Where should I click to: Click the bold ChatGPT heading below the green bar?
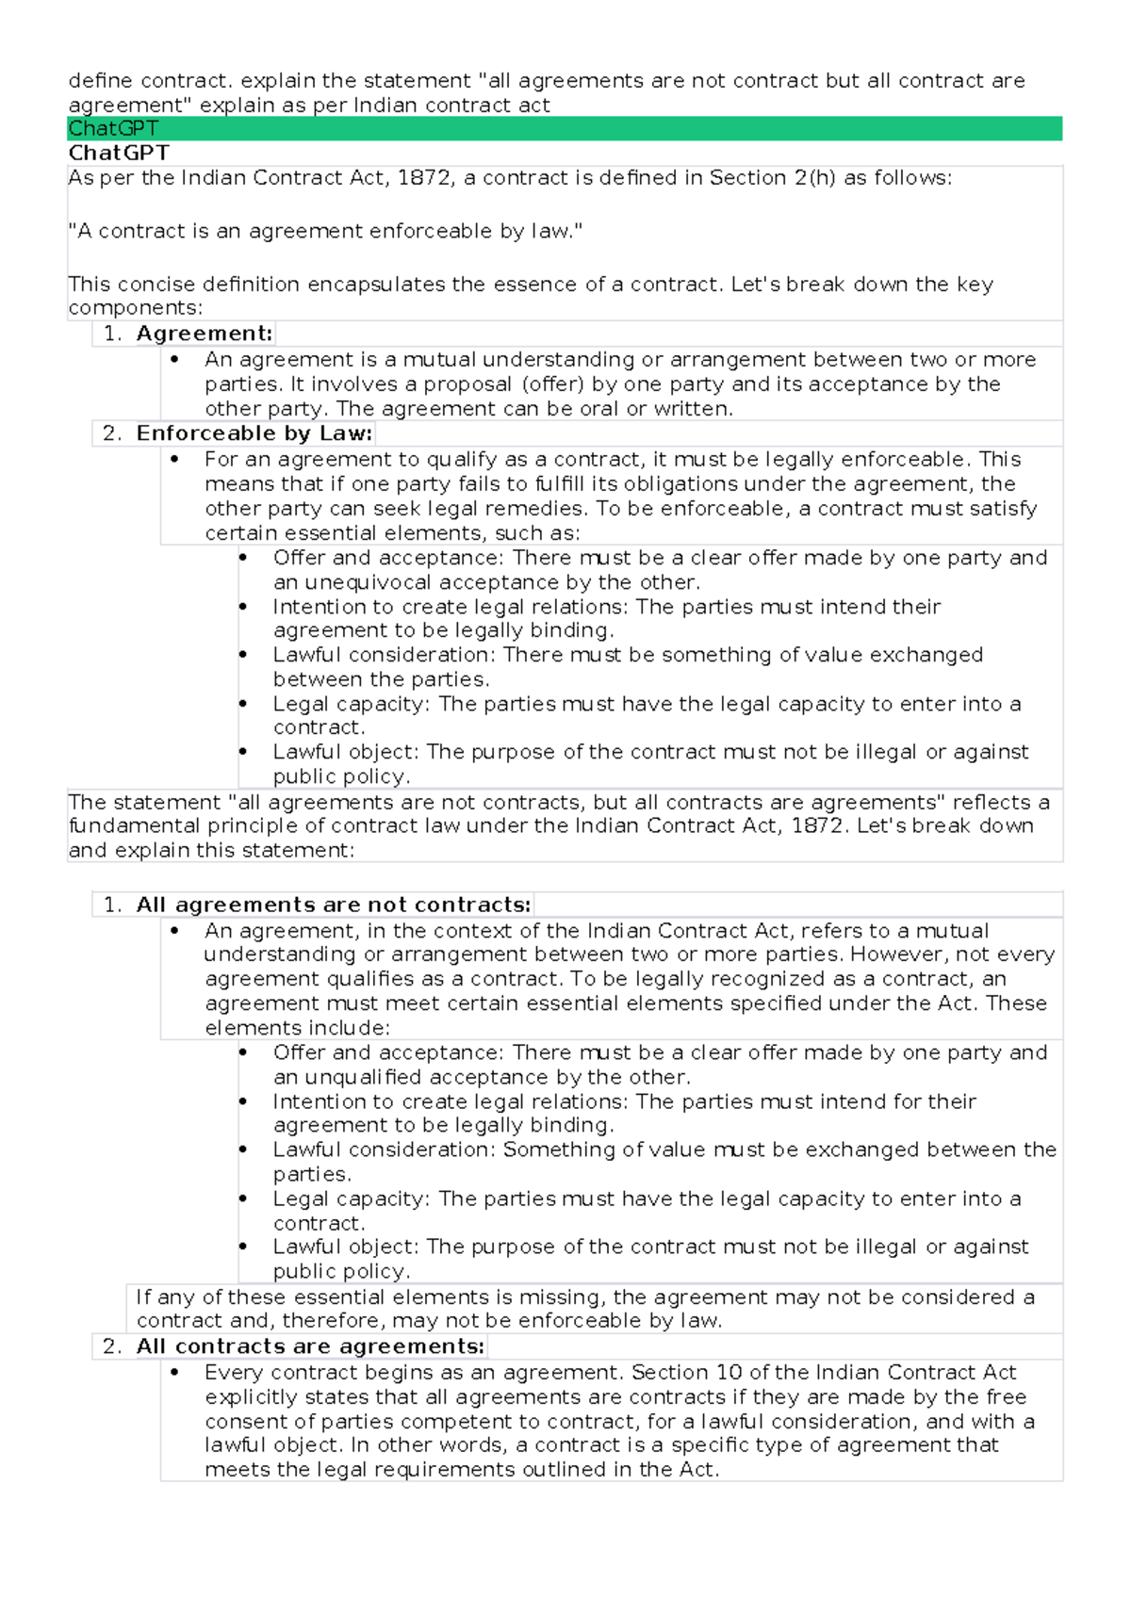pos(119,153)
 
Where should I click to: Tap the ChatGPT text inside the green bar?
pos(113,128)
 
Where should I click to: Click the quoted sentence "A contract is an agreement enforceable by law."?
pos(325,231)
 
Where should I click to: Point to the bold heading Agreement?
pos(205,334)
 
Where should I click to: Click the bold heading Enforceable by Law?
pos(254,433)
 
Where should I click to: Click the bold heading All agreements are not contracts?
pos(334,905)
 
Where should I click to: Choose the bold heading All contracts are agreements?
pos(310,1346)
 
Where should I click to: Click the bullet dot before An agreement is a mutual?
pos(174,359)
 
